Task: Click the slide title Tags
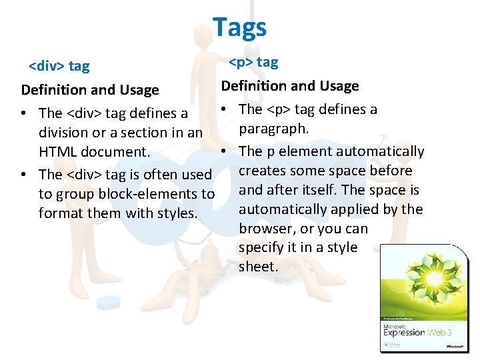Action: coord(239,27)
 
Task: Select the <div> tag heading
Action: coord(59,66)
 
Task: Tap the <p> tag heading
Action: coord(253,62)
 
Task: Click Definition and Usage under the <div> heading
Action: coord(90,89)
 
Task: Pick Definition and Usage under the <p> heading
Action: coord(290,85)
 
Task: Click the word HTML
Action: coord(57,151)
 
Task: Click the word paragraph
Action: coord(274,127)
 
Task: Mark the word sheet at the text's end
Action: coord(257,267)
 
